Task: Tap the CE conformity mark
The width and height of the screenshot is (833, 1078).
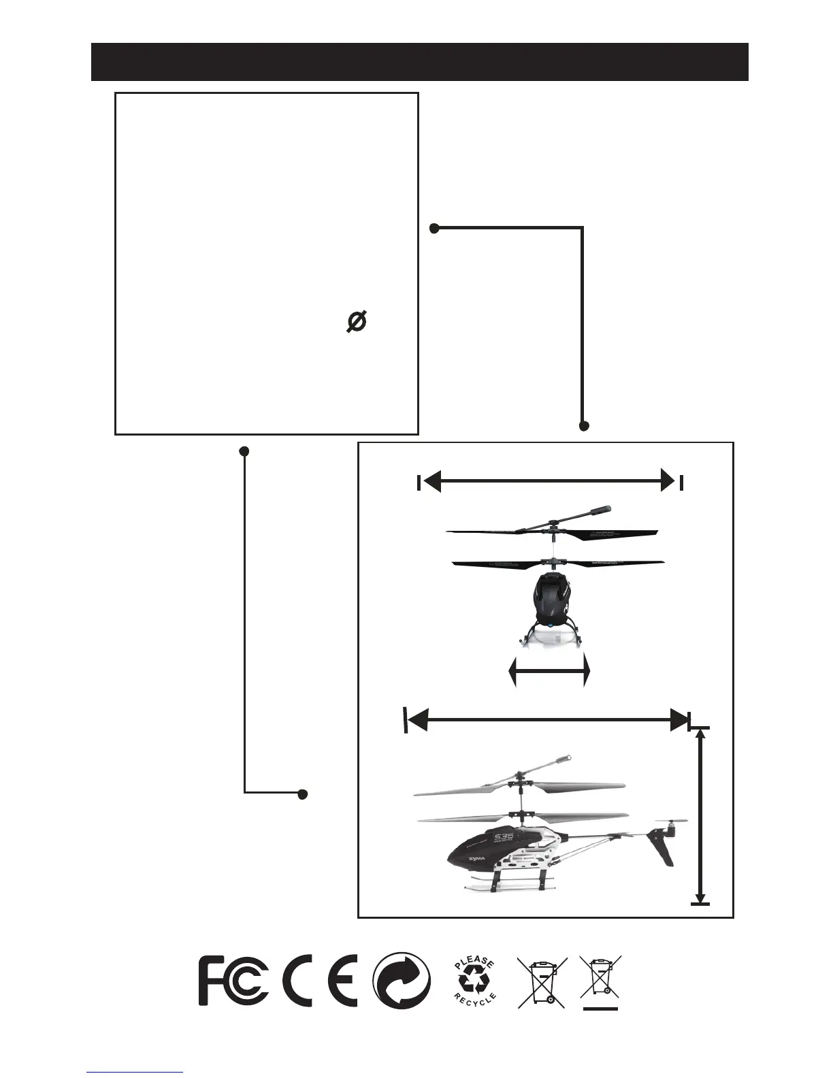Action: click(319, 981)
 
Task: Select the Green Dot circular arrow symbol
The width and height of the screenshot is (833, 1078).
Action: click(402, 981)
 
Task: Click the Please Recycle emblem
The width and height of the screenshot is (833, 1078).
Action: click(475, 981)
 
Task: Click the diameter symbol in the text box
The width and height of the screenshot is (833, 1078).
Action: click(357, 321)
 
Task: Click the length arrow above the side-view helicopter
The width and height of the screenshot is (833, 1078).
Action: click(548, 719)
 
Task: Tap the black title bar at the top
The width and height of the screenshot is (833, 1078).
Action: click(420, 62)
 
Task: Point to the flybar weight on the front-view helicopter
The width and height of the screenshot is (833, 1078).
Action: click(601, 509)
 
